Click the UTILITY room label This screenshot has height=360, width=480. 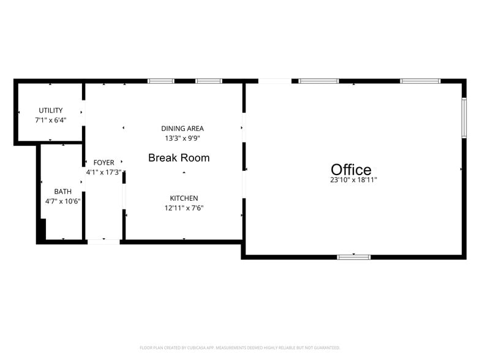coord(51,110)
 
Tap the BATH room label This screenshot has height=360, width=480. coord(62,192)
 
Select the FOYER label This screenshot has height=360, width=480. coord(104,163)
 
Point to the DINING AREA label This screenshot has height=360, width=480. coord(182,129)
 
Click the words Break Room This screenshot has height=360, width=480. coord(179,158)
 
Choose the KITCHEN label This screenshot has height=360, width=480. coord(184,198)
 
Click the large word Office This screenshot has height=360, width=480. coord(351,169)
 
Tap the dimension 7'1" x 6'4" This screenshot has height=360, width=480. coord(51,120)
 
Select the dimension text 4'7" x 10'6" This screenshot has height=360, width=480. coord(62,201)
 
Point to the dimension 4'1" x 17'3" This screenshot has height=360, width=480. coord(104,173)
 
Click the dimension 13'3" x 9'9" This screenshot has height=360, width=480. coord(182,138)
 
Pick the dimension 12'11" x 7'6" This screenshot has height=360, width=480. coord(184,208)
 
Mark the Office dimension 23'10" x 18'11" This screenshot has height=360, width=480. coord(354,180)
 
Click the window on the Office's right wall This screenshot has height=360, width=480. coord(464,118)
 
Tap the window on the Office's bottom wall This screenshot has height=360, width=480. coord(354,257)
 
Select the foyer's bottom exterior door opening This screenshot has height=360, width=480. coord(104,242)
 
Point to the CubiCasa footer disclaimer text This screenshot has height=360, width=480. coord(240,348)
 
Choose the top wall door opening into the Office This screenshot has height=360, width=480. coord(275,81)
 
